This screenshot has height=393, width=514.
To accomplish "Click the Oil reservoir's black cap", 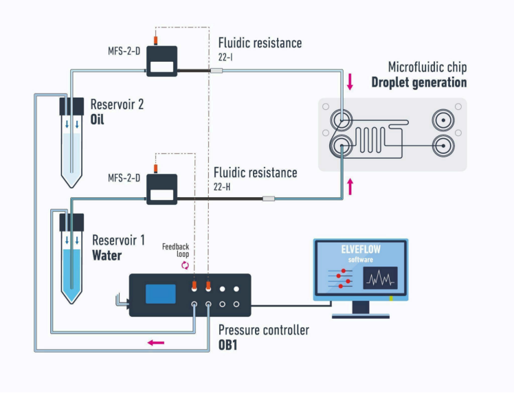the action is click(x=71, y=106).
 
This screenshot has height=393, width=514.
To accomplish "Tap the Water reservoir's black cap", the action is click(x=71, y=222).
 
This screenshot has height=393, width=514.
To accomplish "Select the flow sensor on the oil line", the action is click(x=161, y=61).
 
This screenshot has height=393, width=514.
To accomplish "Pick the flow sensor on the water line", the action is click(x=161, y=189).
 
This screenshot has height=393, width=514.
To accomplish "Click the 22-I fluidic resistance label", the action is click(x=225, y=57).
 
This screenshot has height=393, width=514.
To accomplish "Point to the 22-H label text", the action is click(x=222, y=187).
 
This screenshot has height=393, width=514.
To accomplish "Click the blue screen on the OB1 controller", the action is click(x=161, y=294).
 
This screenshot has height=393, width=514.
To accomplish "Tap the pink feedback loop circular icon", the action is click(x=186, y=265).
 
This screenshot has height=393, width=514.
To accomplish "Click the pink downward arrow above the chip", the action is click(x=350, y=82).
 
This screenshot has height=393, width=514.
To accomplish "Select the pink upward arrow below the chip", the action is click(x=350, y=186).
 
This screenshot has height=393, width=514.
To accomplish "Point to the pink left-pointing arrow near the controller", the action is click(x=156, y=343).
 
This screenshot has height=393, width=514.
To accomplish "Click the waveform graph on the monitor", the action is click(x=380, y=278).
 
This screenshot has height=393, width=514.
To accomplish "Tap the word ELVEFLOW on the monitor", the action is click(x=361, y=249).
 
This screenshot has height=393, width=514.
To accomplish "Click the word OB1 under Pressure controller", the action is click(x=228, y=345).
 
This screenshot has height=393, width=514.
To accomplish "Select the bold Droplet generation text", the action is click(x=419, y=82).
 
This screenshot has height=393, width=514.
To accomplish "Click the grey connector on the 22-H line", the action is click(x=269, y=199).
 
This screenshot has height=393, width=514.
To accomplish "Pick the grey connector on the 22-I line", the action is click(x=216, y=71).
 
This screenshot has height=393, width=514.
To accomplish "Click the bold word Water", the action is click(x=107, y=256).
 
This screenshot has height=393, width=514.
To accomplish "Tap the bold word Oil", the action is click(x=97, y=120).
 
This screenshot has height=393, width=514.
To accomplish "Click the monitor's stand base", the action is click(x=361, y=316).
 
